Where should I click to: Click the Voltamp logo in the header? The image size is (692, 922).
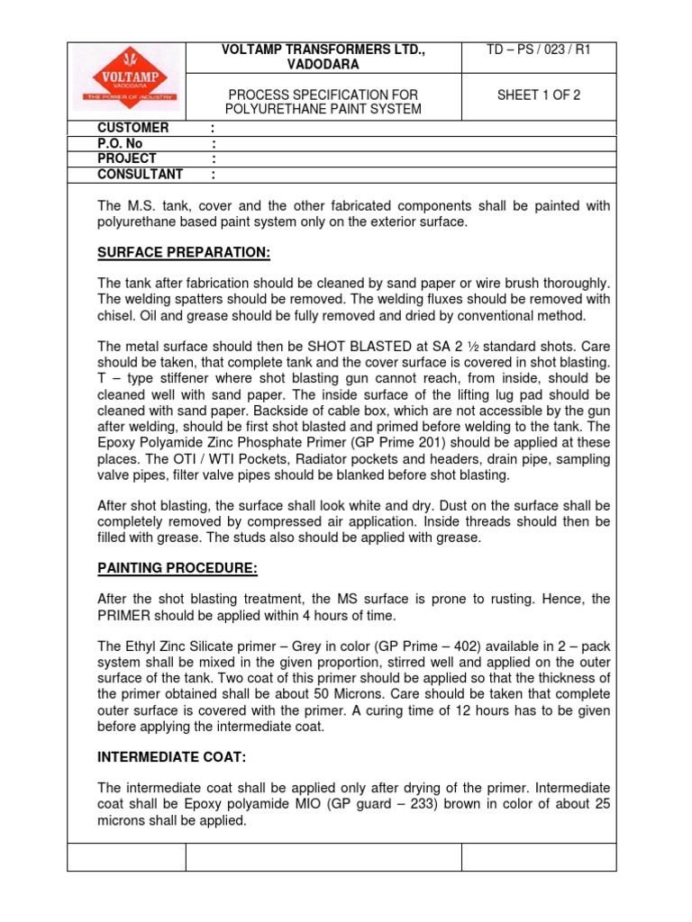126,80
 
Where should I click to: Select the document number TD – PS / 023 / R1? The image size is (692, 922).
539,50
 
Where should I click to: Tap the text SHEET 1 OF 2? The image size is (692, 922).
539,95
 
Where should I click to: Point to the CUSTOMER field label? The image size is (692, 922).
133,129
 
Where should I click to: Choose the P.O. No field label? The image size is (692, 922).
120,144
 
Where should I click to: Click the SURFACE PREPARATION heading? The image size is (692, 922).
184,252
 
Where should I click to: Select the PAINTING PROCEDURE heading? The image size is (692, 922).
178,568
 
